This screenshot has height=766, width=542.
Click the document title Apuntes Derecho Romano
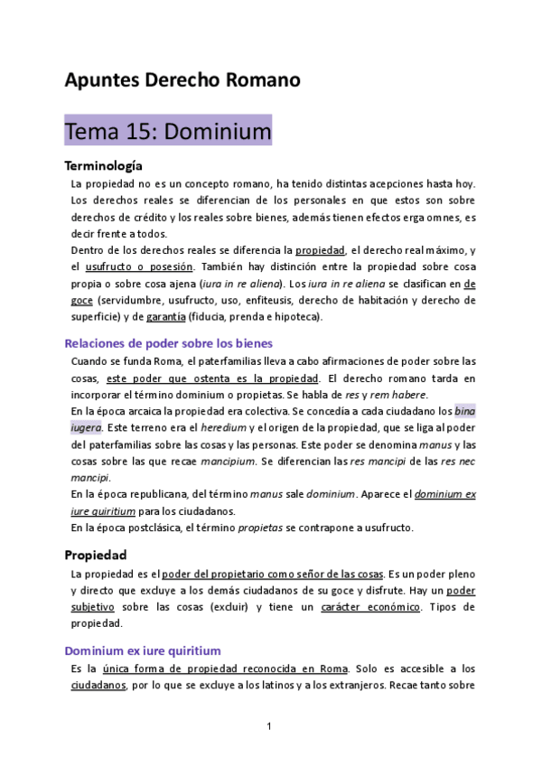182,80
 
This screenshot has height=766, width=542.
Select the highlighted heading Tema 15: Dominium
168,132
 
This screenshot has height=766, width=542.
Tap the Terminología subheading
103,166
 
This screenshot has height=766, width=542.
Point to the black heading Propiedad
95,554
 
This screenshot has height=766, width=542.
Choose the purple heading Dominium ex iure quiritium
143,649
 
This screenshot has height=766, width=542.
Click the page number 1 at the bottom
269,726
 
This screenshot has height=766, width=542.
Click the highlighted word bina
464,410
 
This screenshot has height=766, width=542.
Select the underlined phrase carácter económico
369,607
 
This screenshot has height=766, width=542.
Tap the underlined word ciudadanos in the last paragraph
98,686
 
